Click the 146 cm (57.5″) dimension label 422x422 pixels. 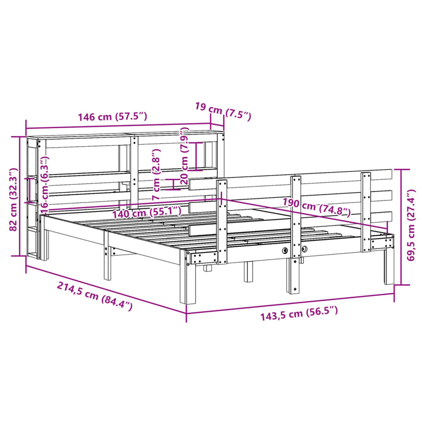112,118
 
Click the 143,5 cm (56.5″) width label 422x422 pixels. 299,316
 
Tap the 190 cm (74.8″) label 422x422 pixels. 316,208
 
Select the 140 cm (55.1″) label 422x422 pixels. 146,213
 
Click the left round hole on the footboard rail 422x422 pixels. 285,251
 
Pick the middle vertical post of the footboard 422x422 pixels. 296,232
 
